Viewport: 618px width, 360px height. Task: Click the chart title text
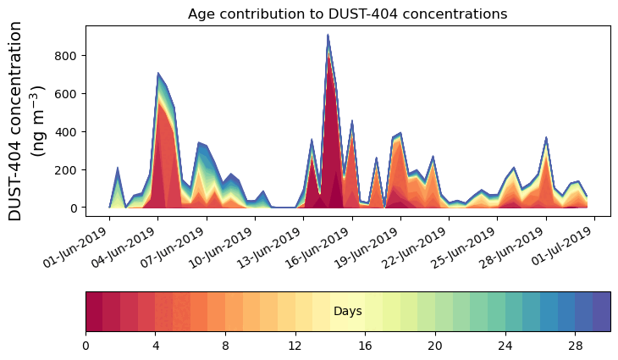click(x=347, y=14)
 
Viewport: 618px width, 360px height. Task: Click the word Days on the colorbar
click(x=347, y=312)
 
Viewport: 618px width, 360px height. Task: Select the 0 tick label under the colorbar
click(x=86, y=346)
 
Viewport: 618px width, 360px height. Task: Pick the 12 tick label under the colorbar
click(x=295, y=346)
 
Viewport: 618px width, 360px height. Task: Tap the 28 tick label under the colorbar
click(x=575, y=346)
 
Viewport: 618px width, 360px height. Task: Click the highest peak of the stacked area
click(x=328, y=36)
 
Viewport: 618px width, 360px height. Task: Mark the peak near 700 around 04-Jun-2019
click(x=158, y=74)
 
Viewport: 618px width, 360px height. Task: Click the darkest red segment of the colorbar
click(x=94, y=311)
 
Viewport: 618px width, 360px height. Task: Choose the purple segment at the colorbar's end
click(x=601, y=311)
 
